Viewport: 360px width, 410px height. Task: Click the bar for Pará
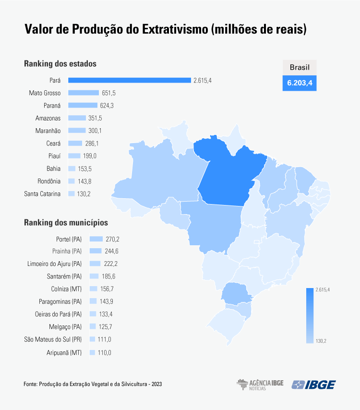click(x=129, y=80)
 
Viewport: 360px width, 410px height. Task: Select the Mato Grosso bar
click(x=83, y=93)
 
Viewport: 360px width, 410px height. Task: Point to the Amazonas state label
click(x=48, y=118)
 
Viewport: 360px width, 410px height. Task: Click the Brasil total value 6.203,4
click(x=300, y=83)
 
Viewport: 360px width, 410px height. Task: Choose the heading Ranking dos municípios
click(x=66, y=223)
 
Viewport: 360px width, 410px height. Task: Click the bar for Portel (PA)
click(x=96, y=239)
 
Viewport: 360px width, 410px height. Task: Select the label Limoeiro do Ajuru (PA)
click(x=55, y=264)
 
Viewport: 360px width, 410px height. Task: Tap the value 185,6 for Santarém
click(x=108, y=277)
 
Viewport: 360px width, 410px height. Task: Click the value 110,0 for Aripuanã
click(x=105, y=352)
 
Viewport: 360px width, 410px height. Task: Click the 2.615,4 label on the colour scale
click(x=323, y=289)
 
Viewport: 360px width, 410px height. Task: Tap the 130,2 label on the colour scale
click(x=321, y=341)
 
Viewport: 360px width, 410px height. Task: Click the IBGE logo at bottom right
click(x=314, y=385)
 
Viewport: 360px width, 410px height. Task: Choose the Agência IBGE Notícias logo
click(x=260, y=385)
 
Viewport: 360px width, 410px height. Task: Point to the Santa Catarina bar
click(x=72, y=194)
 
